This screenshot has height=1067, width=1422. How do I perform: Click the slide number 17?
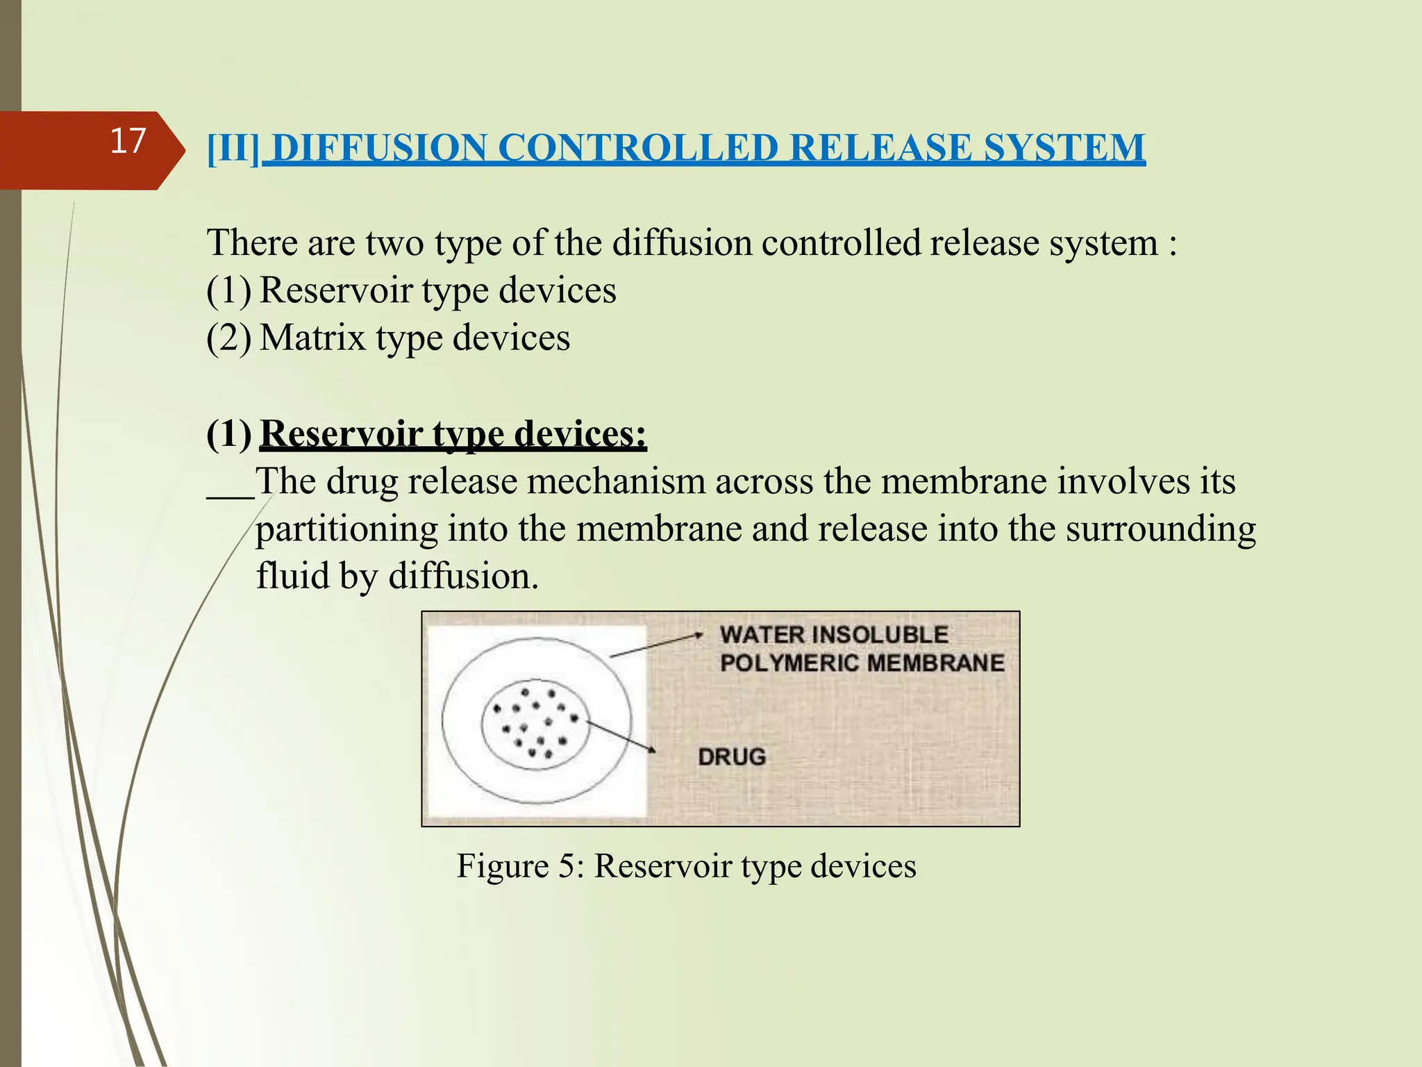[128, 141]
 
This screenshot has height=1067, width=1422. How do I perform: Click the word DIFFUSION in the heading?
[379, 148]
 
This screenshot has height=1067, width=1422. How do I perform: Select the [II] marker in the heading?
[233, 149]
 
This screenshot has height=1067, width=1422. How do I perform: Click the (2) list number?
[228, 338]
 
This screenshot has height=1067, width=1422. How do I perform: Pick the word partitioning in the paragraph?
[346, 530]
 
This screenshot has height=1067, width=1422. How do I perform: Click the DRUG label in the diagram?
[732, 756]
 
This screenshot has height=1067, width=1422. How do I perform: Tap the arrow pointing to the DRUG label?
[621, 736]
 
